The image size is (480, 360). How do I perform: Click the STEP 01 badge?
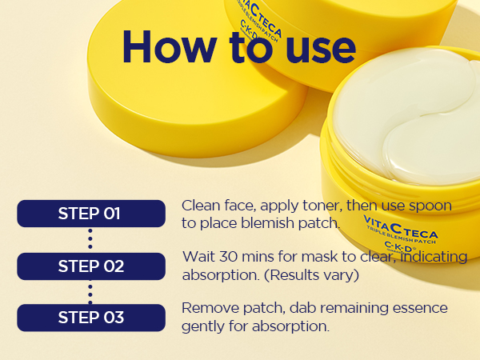[x=90, y=214]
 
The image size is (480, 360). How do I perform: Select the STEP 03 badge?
[x=90, y=318]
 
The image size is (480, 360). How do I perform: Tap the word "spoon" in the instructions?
[x=431, y=206]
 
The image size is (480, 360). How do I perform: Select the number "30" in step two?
[x=226, y=258]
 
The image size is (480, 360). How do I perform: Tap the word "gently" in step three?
[x=203, y=326]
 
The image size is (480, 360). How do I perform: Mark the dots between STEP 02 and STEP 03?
[x=90, y=292]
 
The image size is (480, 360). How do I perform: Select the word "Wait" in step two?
[x=197, y=258]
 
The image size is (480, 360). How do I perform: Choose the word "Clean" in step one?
[x=201, y=206]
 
